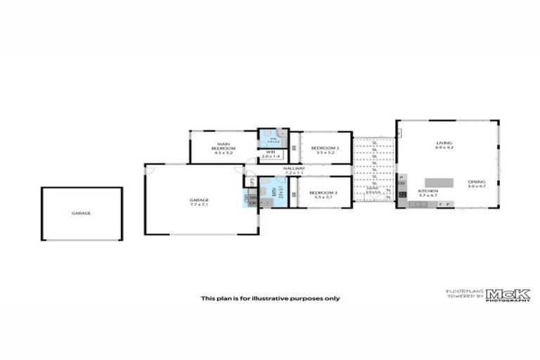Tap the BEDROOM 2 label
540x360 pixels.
coord(326,148)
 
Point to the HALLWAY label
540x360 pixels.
coord(294,169)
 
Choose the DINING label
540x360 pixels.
coord(477,182)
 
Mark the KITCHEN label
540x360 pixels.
coord(428,191)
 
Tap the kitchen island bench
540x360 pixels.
coord(439,173)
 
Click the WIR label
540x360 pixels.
coord(271,151)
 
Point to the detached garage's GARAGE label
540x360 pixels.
coord(81,213)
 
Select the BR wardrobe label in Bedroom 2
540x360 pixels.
coord(295,148)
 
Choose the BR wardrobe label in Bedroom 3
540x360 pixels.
coord(295,194)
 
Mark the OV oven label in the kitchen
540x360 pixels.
coord(402,184)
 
